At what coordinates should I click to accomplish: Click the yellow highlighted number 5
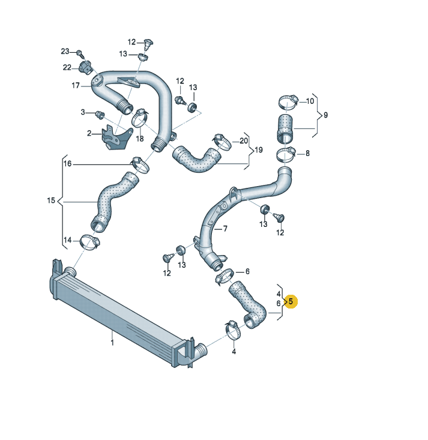(291, 301)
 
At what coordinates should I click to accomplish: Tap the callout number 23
(65, 52)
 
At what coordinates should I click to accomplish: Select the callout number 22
(67, 67)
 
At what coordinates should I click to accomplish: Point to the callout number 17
(76, 85)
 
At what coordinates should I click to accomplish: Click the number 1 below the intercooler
(112, 343)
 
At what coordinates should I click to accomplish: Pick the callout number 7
(225, 229)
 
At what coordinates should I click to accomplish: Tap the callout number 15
(51, 200)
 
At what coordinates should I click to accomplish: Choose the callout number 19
(259, 150)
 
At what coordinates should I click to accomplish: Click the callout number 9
(325, 115)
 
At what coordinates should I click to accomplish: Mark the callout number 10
(310, 101)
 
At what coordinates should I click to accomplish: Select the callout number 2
(89, 133)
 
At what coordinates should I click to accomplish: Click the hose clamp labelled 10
(288, 102)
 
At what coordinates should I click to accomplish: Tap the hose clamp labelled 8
(286, 154)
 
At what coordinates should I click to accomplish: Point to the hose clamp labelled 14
(90, 242)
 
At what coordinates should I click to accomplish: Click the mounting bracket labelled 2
(116, 138)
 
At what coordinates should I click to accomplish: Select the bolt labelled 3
(100, 115)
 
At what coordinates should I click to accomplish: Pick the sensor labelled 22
(85, 67)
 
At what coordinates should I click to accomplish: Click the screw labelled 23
(80, 53)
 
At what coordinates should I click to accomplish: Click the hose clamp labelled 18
(140, 118)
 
